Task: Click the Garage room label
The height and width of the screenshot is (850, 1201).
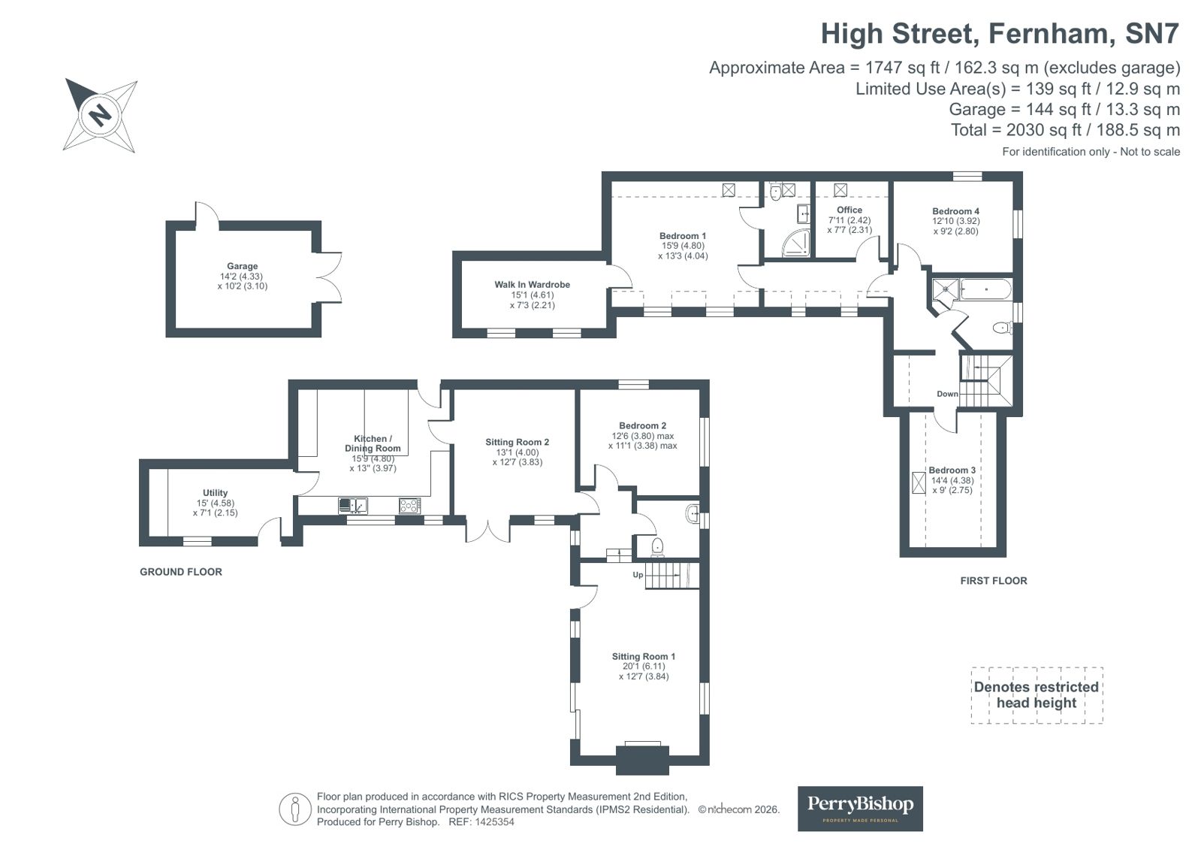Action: (242, 266)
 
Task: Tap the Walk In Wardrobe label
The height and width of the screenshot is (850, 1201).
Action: (532, 285)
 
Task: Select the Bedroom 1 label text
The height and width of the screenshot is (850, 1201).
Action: (683, 236)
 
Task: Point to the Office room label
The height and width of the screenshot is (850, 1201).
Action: (849, 210)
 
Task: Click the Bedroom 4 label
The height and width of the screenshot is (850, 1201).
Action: (955, 212)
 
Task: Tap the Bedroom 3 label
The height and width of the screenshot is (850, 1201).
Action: (952, 470)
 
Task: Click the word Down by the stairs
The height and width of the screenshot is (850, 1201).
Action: (947, 394)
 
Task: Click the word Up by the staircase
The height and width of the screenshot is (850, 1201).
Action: (638, 575)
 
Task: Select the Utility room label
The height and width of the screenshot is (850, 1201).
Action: (215, 493)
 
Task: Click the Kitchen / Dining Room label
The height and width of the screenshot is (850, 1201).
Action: (373, 443)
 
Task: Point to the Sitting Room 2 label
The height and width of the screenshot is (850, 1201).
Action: (517, 443)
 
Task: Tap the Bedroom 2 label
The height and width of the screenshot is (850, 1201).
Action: (642, 426)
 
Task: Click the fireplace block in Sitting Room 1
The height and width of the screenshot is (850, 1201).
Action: (642, 759)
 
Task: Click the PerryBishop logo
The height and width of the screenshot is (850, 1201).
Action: (859, 808)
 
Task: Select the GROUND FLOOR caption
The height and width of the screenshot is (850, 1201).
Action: (181, 572)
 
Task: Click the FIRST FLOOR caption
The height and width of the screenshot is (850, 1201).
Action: (993, 581)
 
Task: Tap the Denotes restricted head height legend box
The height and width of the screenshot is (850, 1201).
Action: (1036, 695)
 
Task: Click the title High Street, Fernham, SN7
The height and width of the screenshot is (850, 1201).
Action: (999, 34)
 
